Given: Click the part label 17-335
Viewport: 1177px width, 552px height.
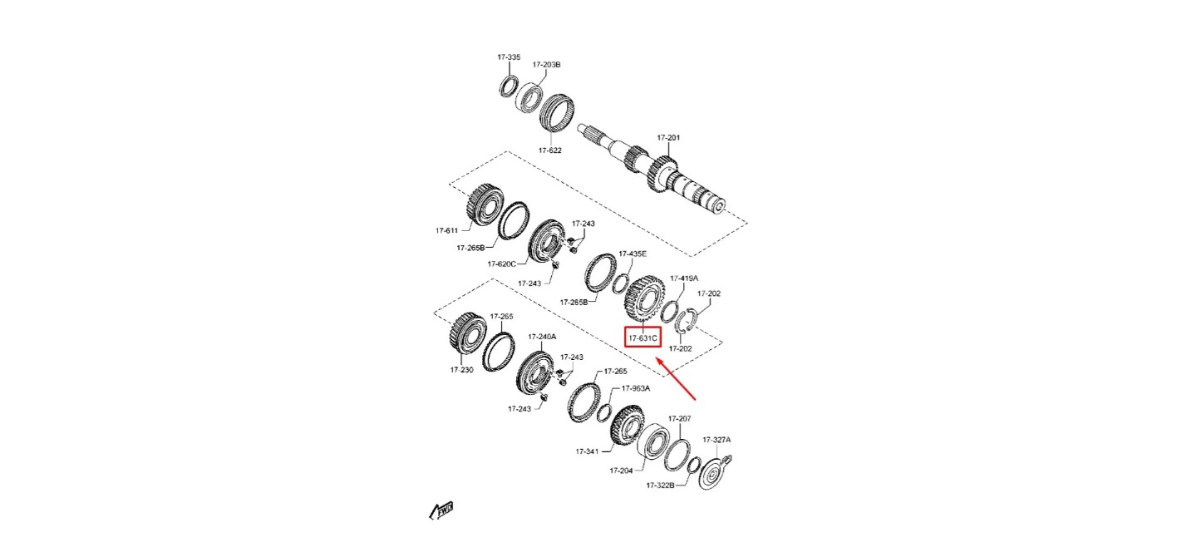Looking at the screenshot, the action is tap(509, 57).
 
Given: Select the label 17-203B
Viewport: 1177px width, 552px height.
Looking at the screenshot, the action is tap(546, 65).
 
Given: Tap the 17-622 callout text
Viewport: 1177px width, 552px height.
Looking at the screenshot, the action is tap(549, 150).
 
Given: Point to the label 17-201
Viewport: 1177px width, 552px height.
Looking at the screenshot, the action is tap(668, 138).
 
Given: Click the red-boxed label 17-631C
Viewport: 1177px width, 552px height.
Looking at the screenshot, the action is tap(643, 338).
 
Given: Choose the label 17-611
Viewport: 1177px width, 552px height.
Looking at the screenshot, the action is tap(446, 230).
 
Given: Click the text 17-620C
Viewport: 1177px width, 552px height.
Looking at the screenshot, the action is tap(501, 264).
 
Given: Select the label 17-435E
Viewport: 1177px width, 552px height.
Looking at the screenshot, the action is tap(633, 254).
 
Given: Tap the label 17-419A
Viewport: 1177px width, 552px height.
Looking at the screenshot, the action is tap(683, 278).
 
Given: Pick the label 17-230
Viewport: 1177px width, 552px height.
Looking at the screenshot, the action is tap(461, 370).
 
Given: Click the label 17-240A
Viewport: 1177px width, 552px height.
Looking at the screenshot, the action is tap(542, 337).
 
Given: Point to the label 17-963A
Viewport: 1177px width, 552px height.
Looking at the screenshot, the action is tap(636, 388).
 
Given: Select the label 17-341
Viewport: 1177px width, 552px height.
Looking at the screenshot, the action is tap(587, 451).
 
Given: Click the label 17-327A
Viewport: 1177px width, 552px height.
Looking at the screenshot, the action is tap(717, 440).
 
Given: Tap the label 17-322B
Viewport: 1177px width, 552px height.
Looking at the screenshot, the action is tap(660, 485).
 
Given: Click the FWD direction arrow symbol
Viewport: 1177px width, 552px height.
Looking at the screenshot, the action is tap(441, 510).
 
